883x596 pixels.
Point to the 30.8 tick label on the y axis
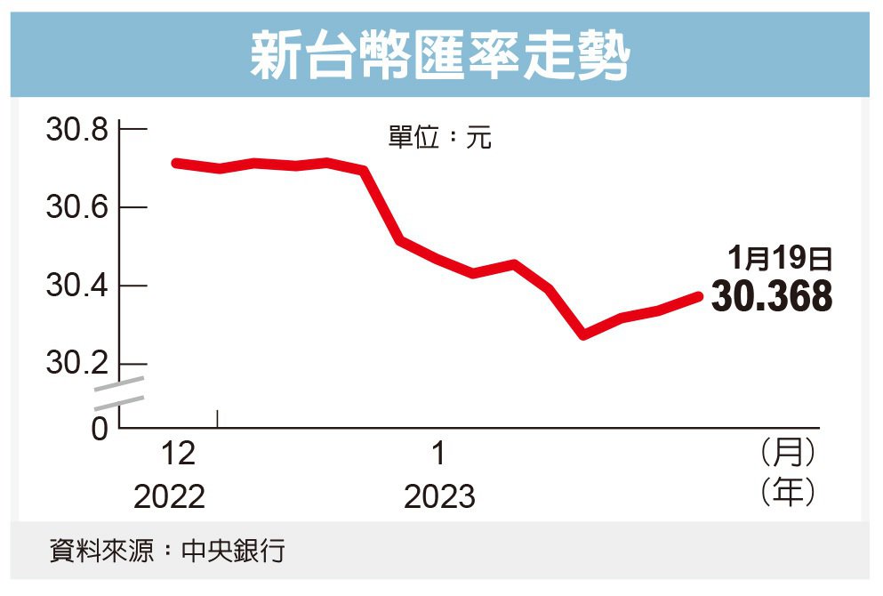pyautogui.click(x=76, y=130)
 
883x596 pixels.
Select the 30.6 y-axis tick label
pyautogui.click(x=76, y=208)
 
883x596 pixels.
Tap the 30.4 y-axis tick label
pyautogui.click(x=76, y=286)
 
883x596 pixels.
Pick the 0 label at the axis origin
pyautogui.click(x=100, y=428)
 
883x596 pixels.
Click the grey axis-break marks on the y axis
pyautogui.click(x=119, y=392)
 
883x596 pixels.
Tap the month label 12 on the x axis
pyautogui.click(x=178, y=455)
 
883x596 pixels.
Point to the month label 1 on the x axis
pyautogui.click(x=438, y=455)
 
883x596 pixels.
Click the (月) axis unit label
pyautogui.click(x=788, y=453)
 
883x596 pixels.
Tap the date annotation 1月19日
pyautogui.click(x=780, y=260)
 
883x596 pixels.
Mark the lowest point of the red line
pyautogui.click(x=583, y=334)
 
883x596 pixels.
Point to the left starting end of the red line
pyautogui.click(x=176, y=163)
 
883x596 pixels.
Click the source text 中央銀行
pyautogui.click(x=233, y=551)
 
